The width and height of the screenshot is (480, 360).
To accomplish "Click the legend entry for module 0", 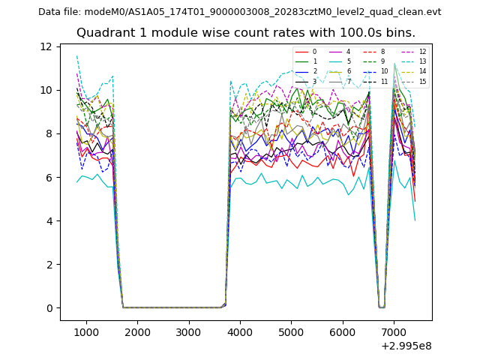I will click(314, 52).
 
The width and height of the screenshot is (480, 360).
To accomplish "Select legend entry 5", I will click(349, 61).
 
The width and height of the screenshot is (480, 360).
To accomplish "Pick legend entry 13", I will click(422, 61).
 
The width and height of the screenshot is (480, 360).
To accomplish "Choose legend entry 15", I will click(422, 81).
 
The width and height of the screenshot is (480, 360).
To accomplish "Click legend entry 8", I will click(382, 52).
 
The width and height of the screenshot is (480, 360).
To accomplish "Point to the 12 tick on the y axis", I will click(46, 46).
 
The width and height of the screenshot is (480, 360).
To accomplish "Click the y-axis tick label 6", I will click(48, 178).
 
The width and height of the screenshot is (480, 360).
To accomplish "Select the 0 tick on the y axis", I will click(48, 308).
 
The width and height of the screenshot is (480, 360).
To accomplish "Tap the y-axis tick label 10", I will click(46, 90).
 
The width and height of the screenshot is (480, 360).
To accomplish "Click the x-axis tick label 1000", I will click(86, 332).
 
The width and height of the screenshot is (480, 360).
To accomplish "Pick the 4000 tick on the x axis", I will click(240, 332).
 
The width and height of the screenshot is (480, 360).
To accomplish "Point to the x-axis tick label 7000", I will click(394, 332).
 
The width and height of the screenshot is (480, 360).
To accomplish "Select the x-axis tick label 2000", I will click(137, 332).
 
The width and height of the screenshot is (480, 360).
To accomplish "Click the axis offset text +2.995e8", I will click(406, 346).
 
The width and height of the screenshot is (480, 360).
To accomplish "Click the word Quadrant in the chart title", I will click(102, 33).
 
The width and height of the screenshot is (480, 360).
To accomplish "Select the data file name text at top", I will click(239, 12).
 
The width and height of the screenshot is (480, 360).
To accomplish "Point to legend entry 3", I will click(314, 81).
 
